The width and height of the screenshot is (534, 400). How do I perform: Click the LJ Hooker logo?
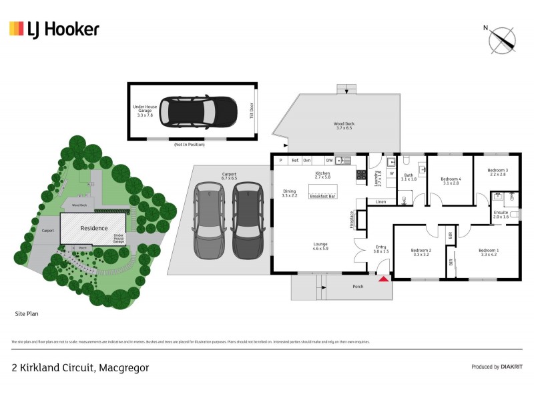[54, 29]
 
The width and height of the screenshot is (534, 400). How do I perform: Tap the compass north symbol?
[503, 39]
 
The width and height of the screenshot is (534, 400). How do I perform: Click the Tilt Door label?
[252, 111]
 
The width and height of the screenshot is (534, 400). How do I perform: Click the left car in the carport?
[209, 221]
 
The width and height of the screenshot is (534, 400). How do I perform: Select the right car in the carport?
[248, 221]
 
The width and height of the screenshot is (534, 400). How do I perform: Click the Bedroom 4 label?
[450, 181]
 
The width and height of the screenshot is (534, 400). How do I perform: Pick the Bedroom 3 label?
[497, 172]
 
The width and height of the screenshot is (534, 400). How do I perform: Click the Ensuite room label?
[501, 215]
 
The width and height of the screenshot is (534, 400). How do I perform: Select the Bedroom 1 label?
[489, 253]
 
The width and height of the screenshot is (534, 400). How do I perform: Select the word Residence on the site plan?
[94, 229]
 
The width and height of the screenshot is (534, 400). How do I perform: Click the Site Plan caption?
[27, 313]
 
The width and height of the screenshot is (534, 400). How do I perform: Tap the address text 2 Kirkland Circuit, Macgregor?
[80, 367]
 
